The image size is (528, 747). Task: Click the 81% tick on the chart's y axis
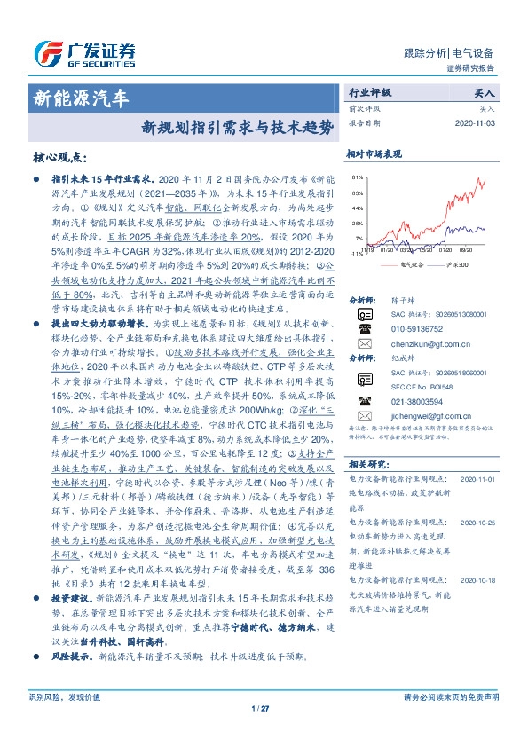click(356, 178)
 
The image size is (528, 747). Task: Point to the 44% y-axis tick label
click(356, 208)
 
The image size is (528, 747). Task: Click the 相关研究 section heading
click(367, 463)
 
